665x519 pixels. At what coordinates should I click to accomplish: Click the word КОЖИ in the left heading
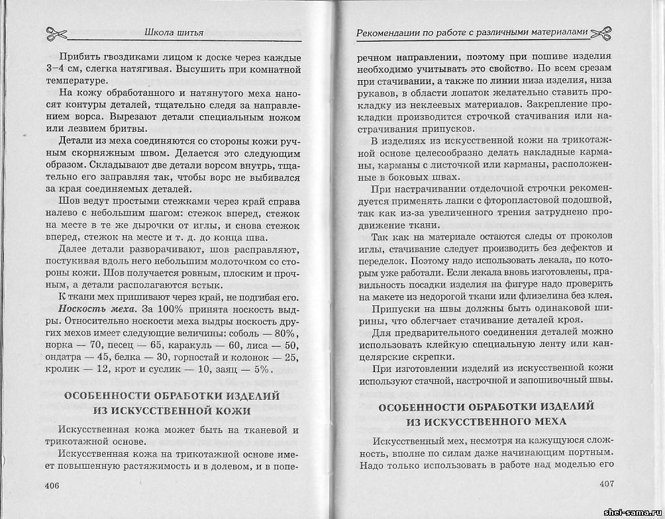pyautogui.click(x=230, y=410)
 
